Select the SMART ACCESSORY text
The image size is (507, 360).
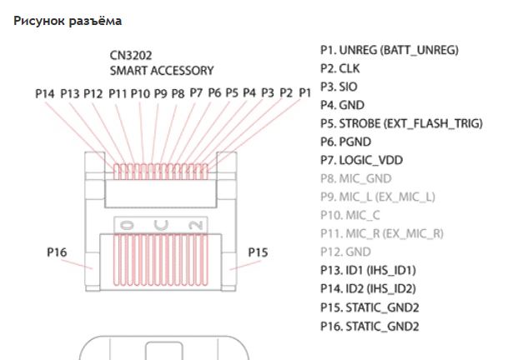pyautogui.click(x=162, y=71)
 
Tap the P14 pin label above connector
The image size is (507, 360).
pyautogui.click(x=45, y=93)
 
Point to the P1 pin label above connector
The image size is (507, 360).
pyautogui.click(x=304, y=92)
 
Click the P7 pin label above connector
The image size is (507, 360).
pyautogui.click(x=196, y=92)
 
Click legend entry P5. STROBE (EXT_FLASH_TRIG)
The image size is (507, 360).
pyautogui.click(x=401, y=123)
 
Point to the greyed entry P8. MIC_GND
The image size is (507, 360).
pyautogui.click(x=355, y=178)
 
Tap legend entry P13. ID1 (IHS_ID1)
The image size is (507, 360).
pyautogui.click(x=368, y=270)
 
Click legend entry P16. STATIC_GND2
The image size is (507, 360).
pyautogui.click(x=369, y=325)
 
